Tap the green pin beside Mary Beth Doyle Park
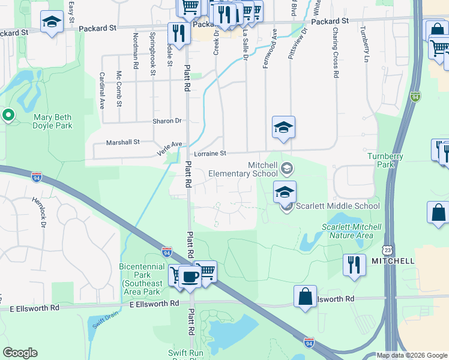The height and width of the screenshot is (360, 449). coord(8,115)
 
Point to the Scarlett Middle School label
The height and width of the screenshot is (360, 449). coord(336,206)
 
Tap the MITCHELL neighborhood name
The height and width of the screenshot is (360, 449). coord(393,261)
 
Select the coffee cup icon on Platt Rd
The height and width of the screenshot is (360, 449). coord(191,277)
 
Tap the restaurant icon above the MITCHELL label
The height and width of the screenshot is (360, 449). coord(354,264)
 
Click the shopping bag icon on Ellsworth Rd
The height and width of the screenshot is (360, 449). coord(305,296)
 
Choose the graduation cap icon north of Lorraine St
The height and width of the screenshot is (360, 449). coord(283,127)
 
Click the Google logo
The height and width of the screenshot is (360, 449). coord(20,353)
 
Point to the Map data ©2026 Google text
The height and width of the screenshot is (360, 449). coord(412,355)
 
